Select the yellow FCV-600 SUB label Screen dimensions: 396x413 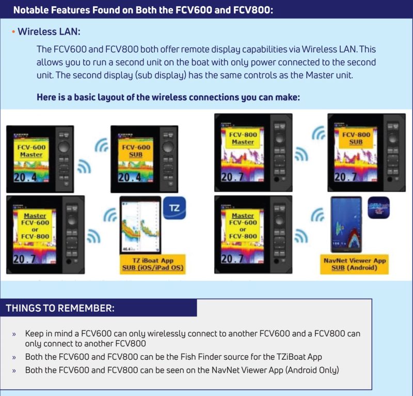pyautogui.click(x=136, y=150)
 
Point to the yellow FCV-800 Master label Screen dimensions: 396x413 pyautogui.click(x=243, y=138)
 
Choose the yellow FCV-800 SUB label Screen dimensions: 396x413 pyautogui.click(x=356, y=138)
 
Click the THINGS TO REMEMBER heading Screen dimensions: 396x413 pyautogui.click(x=60, y=308)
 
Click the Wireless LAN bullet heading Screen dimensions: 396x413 pyautogui.click(x=49, y=32)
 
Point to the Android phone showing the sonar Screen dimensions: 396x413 pyautogui.click(x=345, y=223)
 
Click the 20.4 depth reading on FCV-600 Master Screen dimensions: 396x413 pyautogui.click(x=23, y=178)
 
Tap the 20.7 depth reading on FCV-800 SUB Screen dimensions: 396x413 pyautogui.click(x=346, y=177)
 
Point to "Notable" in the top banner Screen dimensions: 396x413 pyautogui.click(x=33, y=9)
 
